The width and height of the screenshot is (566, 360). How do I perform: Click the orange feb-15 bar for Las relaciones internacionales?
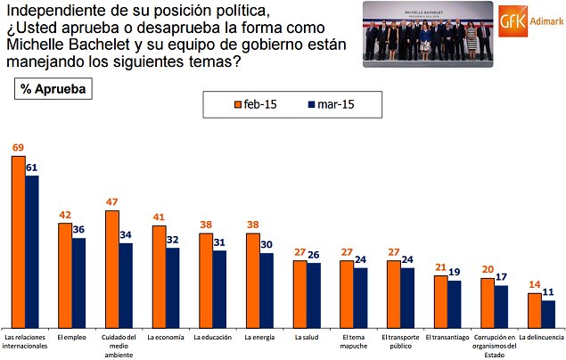tap(18, 241)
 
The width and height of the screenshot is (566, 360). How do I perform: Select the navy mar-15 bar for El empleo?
tap(78, 282)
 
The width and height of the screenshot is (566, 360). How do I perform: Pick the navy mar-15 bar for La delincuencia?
tap(548, 313)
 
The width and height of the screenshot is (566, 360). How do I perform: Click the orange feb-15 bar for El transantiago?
tap(440, 300)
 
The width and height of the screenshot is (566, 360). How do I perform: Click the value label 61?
tap(32, 166)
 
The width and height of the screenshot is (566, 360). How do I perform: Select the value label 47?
tap(111, 202)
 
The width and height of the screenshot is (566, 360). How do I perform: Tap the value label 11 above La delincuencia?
tap(549, 291)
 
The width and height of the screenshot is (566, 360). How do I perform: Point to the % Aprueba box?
tap(53, 89)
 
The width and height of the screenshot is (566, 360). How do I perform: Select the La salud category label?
tap(308, 338)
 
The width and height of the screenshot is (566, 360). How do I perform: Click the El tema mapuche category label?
tap(354, 341)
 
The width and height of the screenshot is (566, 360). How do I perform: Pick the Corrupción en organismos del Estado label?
tap(494, 346)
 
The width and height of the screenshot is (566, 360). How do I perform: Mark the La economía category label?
tap(166, 338)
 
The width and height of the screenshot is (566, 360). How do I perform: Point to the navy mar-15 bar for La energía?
tap(266, 290)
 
